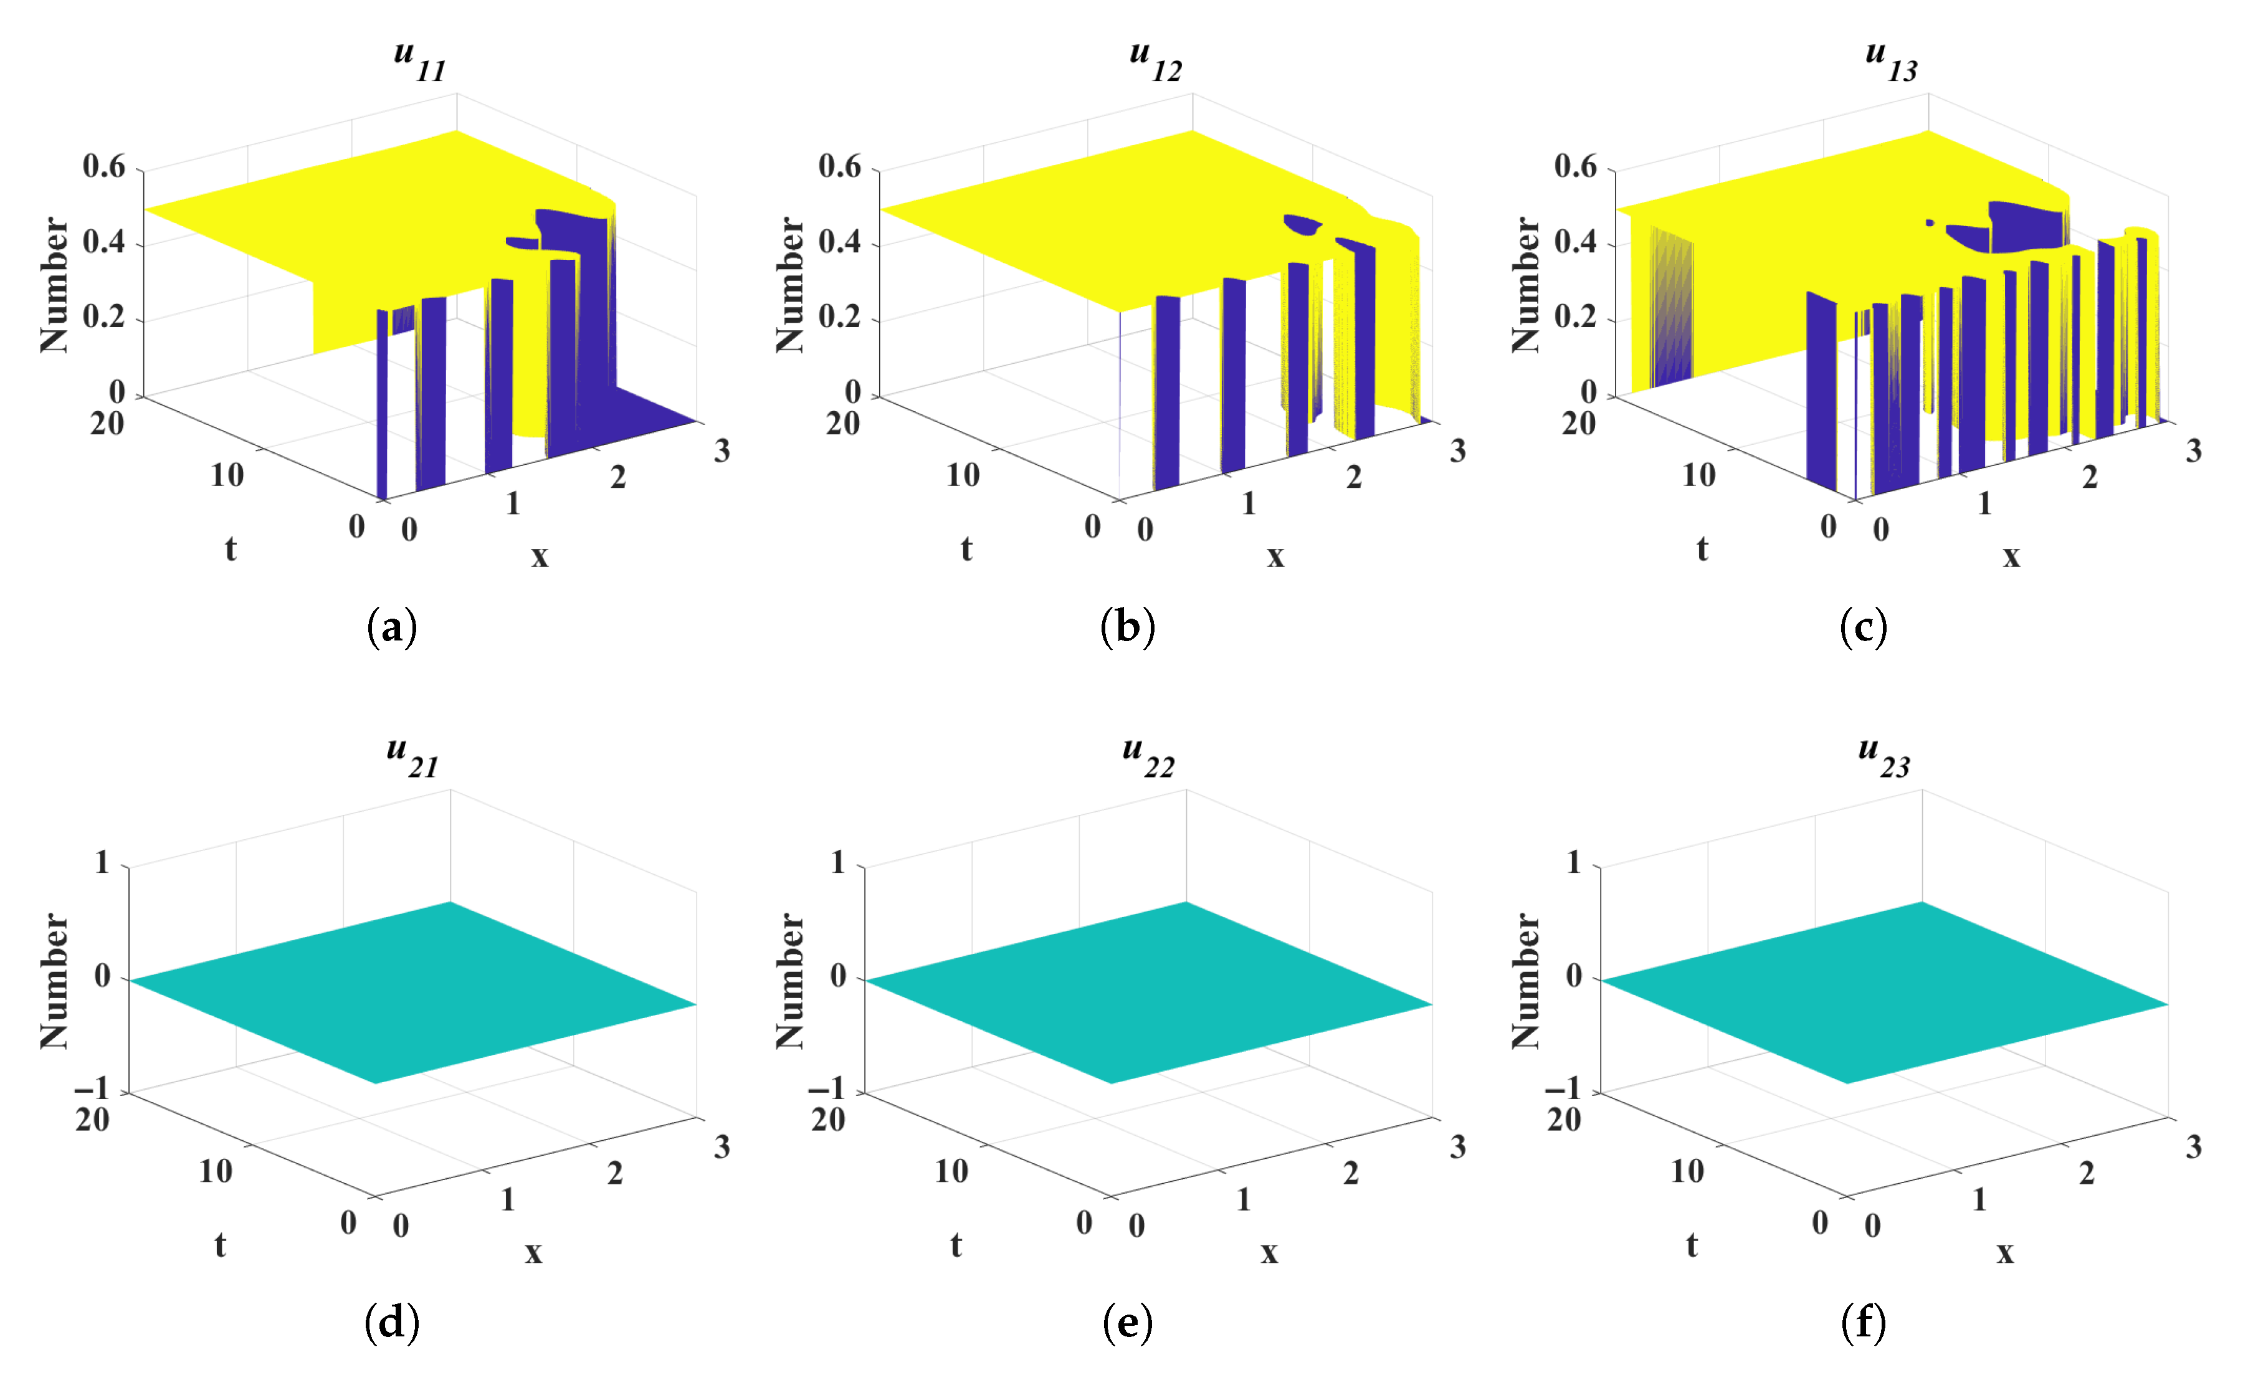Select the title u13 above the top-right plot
(x=1891, y=62)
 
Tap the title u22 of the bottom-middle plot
(x=1148, y=758)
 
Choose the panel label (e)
(x=1127, y=1323)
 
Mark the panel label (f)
(x=1864, y=1323)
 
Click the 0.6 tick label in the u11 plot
(x=104, y=166)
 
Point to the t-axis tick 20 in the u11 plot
(x=107, y=424)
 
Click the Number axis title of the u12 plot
(x=790, y=285)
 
